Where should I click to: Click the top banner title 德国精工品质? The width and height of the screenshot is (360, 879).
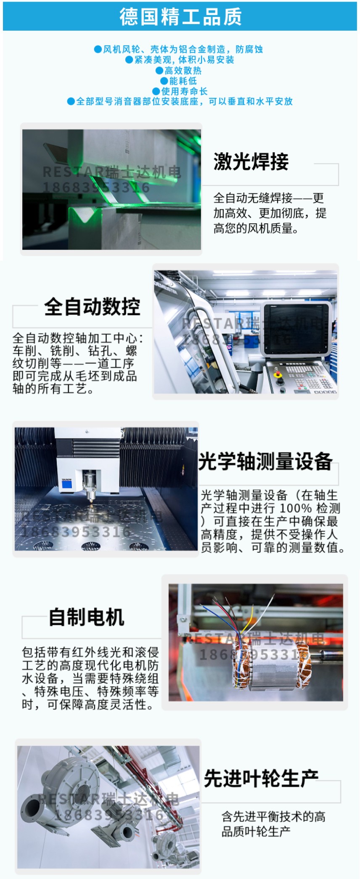tap(180, 16)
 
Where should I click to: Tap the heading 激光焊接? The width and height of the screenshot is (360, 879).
tap(251, 162)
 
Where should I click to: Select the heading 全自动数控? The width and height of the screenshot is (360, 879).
tap(92, 306)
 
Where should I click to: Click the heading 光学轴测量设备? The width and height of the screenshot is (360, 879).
tap(265, 461)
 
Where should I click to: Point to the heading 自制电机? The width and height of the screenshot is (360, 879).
tap(87, 617)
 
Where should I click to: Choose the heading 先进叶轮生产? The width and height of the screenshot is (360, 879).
tap(261, 778)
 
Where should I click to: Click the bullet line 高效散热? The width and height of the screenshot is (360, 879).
tap(179, 70)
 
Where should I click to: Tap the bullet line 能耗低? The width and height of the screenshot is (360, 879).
tap(179, 81)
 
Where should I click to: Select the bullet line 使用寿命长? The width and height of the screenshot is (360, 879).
tap(180, 91)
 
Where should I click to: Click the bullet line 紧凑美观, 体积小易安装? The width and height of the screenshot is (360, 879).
tap(180, 60)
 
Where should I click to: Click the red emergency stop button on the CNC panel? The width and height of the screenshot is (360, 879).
tap(277, 374)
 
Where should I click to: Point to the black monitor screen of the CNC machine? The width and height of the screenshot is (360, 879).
tap(296, 329)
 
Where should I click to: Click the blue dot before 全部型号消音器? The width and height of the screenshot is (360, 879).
tap(71, 101)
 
